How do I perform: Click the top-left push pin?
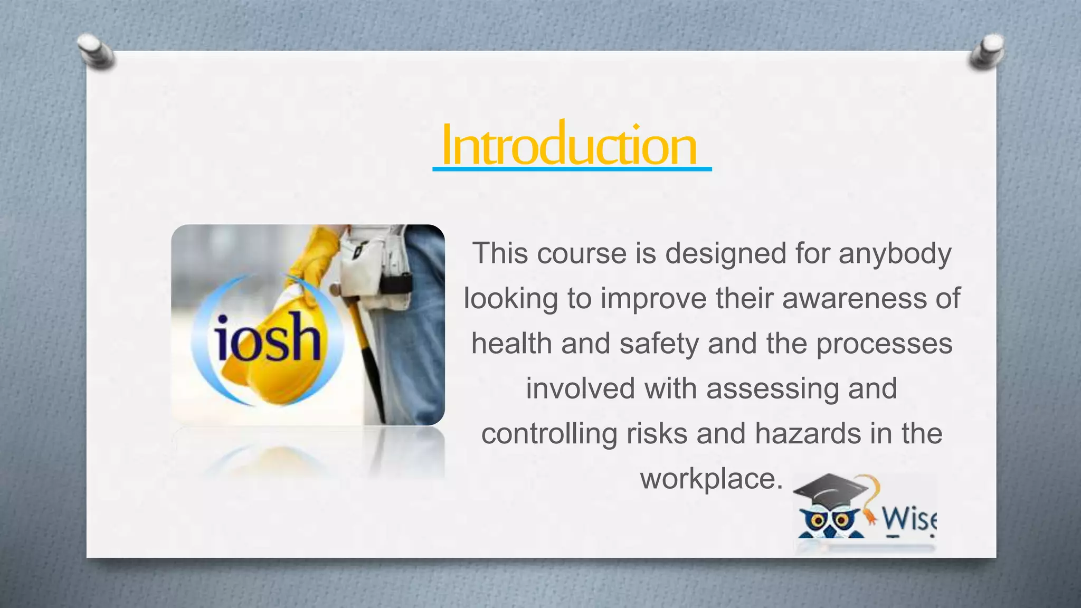point(95,52)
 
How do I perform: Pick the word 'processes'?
point(885,344)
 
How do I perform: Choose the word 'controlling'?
point(549,434)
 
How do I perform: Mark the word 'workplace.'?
point(712,479)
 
